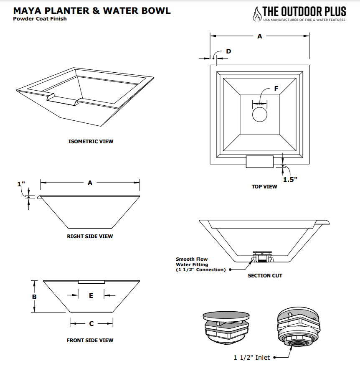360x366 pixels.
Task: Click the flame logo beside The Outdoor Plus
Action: (256, 13)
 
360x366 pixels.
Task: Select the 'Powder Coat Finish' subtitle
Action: (40, 19)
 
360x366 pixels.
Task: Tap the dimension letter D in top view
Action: (228, 51)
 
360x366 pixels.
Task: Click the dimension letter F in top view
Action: (276, 88)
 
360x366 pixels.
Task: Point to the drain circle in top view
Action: (260, 114)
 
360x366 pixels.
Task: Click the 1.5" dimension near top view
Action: (290, 179)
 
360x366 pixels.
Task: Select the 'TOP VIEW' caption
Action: (264, 186)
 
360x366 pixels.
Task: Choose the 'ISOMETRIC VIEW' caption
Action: (91, 142)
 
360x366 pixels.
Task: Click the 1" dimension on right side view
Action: (21, 184)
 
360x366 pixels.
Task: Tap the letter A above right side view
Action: (90, 183)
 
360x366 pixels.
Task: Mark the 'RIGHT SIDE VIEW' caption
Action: (90, 236)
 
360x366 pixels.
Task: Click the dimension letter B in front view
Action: (34, 297)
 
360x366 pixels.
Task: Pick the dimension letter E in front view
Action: (91, 295)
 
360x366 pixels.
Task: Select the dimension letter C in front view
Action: (91, 323)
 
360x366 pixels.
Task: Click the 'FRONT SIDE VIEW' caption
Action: (90, 341)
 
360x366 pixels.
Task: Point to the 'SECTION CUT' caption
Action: (265, 276)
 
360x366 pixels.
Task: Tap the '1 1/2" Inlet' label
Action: (251, 358)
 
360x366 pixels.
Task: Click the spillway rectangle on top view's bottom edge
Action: (259, 161)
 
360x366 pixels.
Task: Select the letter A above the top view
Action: (259, 36)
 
